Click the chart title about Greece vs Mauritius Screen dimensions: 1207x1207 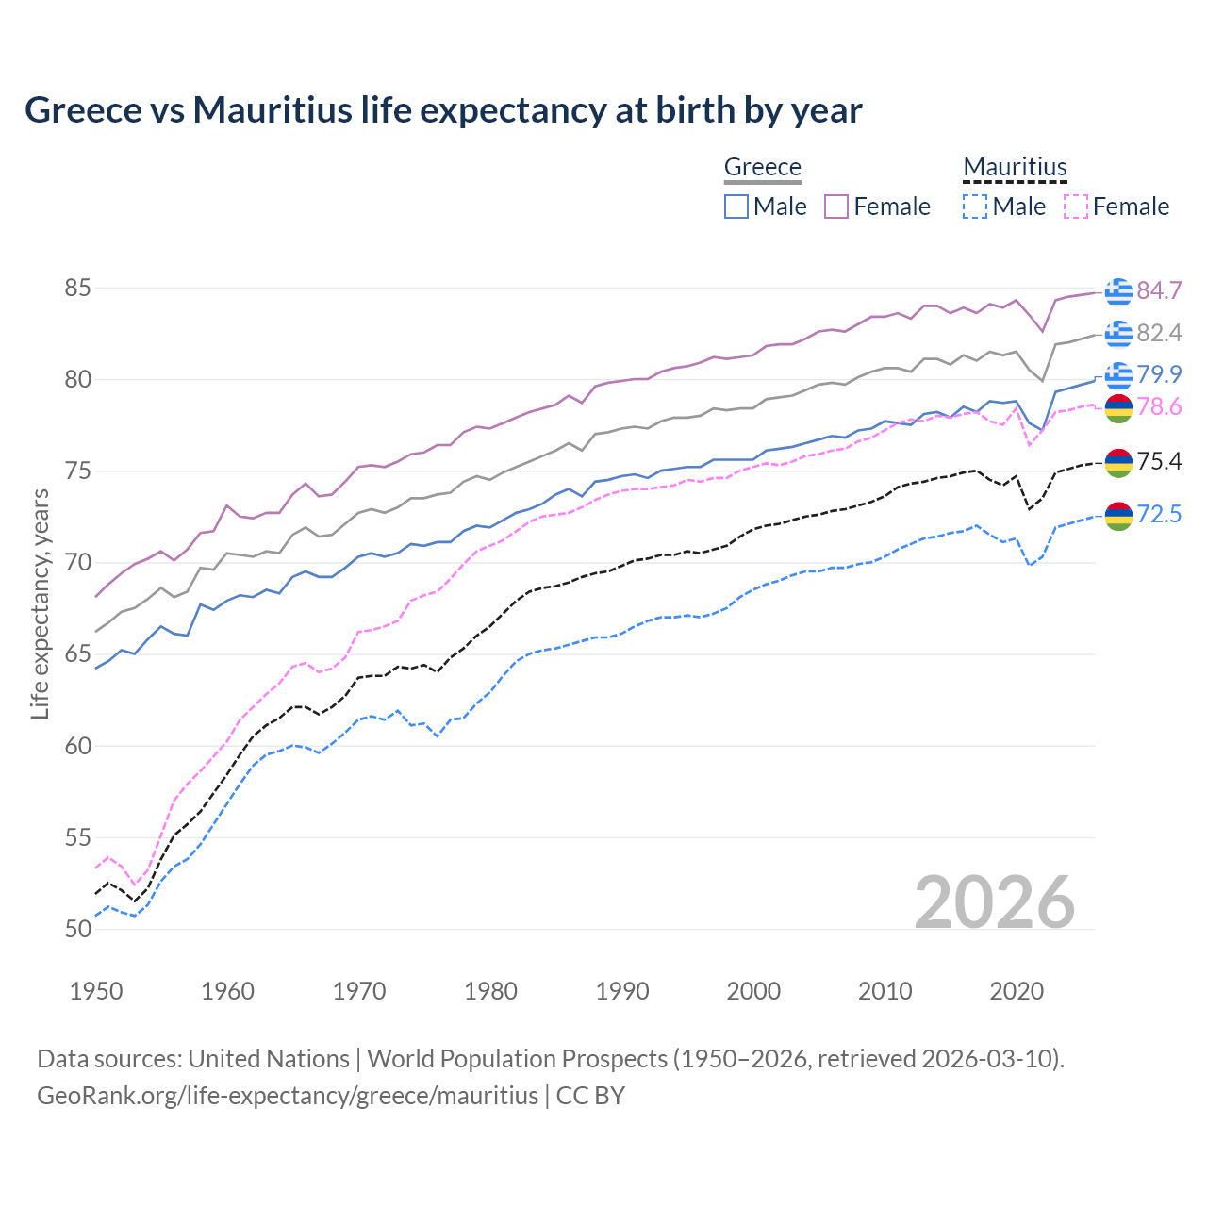pos(443,110)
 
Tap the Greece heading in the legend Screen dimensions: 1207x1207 pos(762,167)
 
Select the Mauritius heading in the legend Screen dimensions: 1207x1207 pos(1015,167)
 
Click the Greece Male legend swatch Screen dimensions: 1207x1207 pos(736,207)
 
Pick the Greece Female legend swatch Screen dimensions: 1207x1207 pos(836,207)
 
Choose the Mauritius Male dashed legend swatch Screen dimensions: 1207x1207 pos(975,207)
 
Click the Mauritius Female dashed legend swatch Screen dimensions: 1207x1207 pos(1075,207)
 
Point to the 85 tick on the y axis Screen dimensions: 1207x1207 pos(77,288)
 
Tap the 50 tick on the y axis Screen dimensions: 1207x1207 pos(77,929)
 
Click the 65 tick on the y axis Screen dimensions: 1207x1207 pos(77,654)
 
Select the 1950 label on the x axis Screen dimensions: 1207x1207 pos(96,991)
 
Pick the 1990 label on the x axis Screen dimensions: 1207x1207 pos(622,991)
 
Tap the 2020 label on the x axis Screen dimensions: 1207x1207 pos(1017,991)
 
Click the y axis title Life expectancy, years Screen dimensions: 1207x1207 pos(40,603)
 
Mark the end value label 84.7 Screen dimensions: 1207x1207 pos(1159,290)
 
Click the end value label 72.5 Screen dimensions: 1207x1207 pos(1159,514)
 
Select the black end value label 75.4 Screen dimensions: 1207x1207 pos(1159,461)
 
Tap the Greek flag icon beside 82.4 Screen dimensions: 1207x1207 pos(1118,333)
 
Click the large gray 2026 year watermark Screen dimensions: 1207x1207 pos(995,902)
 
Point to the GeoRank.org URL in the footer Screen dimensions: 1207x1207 pos(288,1096)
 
